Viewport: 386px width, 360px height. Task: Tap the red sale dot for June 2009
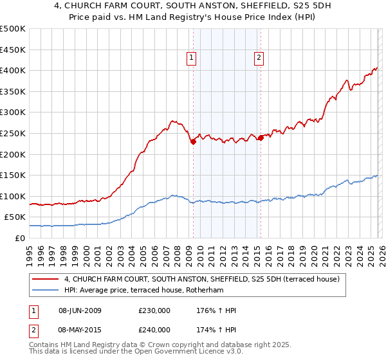pyautogui.click(x=193, y=142)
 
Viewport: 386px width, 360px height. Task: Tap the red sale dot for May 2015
pyautogui.click(x=261, y=138)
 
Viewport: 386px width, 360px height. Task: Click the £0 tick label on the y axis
pyautogui.click(x=20, y=238)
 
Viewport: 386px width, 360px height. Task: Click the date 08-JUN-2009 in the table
pyautogui.click(x=80, y=310)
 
